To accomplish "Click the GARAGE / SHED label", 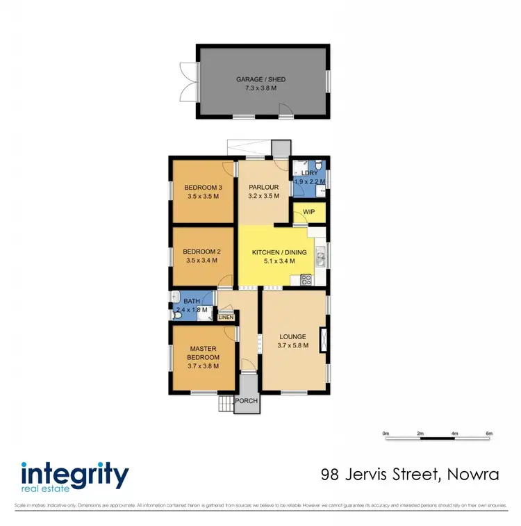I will click(x=260, y=79).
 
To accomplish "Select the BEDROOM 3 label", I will click(x=203, y=188).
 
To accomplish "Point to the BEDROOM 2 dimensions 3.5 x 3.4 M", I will click(x=201, y=261).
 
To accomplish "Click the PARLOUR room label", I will click(x=263, y=187).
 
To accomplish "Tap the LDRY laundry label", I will click(x=309, y=173).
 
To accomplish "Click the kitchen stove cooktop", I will click(x=306, y=280).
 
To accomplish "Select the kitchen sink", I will click(x=320, y=259).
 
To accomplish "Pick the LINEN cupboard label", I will click(x=226, y=317).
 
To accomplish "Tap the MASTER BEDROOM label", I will click(x=204, y=353).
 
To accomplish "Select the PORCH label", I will click(x=246, y=401).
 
